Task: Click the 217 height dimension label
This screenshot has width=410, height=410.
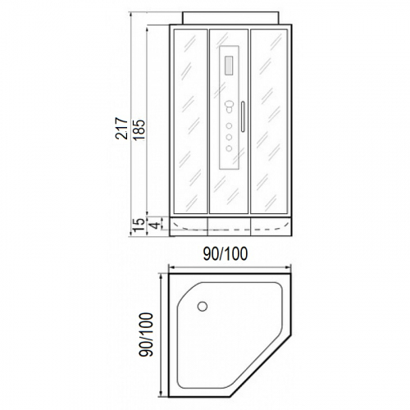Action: coord(121,129)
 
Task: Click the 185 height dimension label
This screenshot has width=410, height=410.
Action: coord(139,130)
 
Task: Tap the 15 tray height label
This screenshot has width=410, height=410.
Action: coord(139,225)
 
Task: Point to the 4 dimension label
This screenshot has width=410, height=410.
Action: coord(155,225)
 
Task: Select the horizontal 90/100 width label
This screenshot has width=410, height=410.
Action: coord(225,254)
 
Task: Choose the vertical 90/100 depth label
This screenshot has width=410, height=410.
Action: coord(146,335)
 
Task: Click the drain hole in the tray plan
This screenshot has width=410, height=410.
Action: coord(203,307)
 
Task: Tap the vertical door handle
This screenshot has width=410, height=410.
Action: coord(243,116)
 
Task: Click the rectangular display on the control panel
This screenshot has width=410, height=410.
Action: coord(229,66)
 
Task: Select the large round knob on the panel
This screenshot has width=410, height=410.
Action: coord(229,105)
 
